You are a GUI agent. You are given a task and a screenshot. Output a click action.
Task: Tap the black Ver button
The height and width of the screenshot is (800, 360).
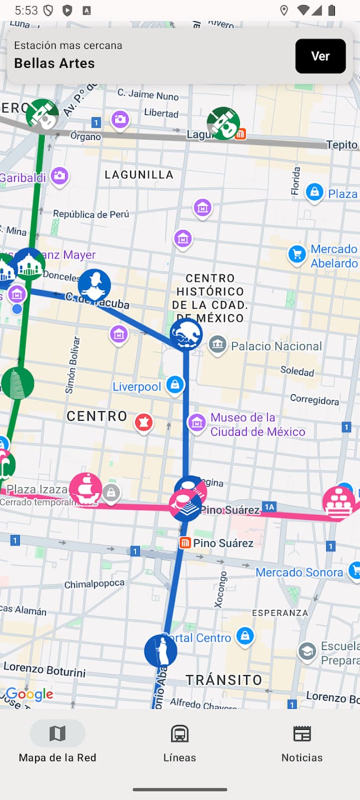point(321,56)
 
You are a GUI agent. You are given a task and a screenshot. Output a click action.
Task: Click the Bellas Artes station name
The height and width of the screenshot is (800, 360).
point(54,63)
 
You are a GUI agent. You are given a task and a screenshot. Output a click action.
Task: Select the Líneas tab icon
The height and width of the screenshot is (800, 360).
point(179,734)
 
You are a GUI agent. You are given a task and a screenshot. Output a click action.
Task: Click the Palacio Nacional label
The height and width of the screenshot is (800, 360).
point(276,346)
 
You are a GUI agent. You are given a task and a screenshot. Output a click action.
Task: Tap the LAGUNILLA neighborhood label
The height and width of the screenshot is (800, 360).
point(139,174)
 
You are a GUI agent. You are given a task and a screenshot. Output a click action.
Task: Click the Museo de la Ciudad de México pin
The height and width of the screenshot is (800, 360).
point(197,422)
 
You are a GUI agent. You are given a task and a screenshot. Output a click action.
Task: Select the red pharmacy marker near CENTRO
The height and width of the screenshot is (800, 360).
point(144,423)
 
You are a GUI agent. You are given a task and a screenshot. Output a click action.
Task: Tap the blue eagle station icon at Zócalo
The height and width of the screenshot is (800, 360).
point(186,334)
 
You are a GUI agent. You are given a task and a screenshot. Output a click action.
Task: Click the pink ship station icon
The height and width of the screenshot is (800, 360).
point(85,489)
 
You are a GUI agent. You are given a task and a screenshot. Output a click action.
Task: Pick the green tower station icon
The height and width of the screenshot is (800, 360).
point(18,383)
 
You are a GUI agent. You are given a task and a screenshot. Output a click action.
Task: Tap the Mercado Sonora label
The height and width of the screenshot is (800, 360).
point(299,572)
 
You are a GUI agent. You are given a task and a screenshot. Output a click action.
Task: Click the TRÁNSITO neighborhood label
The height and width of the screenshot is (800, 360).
point(223,679)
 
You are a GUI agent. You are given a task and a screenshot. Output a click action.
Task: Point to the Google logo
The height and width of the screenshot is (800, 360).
point(29,694)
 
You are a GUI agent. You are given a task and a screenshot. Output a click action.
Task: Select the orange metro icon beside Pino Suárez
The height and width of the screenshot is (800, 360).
point(185,543)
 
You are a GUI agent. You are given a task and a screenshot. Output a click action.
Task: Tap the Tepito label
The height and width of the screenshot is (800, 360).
point(342,145)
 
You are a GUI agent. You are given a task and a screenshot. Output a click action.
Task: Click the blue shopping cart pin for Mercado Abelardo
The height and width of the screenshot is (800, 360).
point(297,254)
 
